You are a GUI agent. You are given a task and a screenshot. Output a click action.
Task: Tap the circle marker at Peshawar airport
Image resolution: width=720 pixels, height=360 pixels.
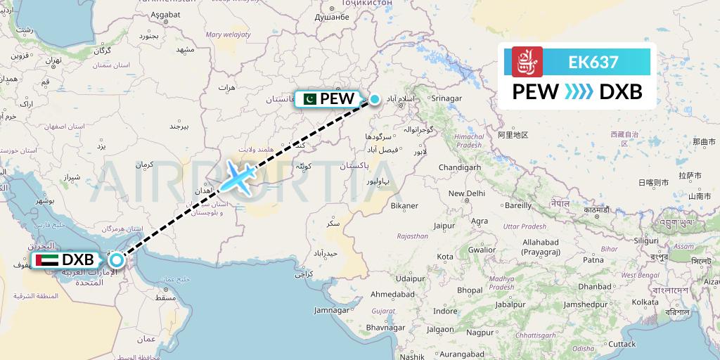(375, 99)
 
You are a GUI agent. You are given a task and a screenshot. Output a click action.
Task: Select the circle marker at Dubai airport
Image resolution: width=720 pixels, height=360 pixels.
(117, 260)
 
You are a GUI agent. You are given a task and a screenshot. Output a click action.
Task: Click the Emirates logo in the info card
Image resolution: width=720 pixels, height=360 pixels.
(527, 63)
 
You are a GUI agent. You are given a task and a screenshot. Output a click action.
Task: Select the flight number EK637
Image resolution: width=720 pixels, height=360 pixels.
(593, 63)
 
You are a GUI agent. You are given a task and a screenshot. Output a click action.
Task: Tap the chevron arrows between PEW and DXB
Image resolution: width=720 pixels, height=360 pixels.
(579, 91)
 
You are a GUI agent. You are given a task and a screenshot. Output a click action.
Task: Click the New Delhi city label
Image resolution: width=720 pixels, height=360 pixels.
(467, 193)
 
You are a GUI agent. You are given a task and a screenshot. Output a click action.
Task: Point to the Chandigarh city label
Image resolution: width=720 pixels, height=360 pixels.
(459, 168)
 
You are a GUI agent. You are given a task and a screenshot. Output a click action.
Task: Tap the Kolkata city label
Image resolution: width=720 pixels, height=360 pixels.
(645, 302)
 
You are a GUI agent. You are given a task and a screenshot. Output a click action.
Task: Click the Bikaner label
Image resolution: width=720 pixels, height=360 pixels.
(404, 205)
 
